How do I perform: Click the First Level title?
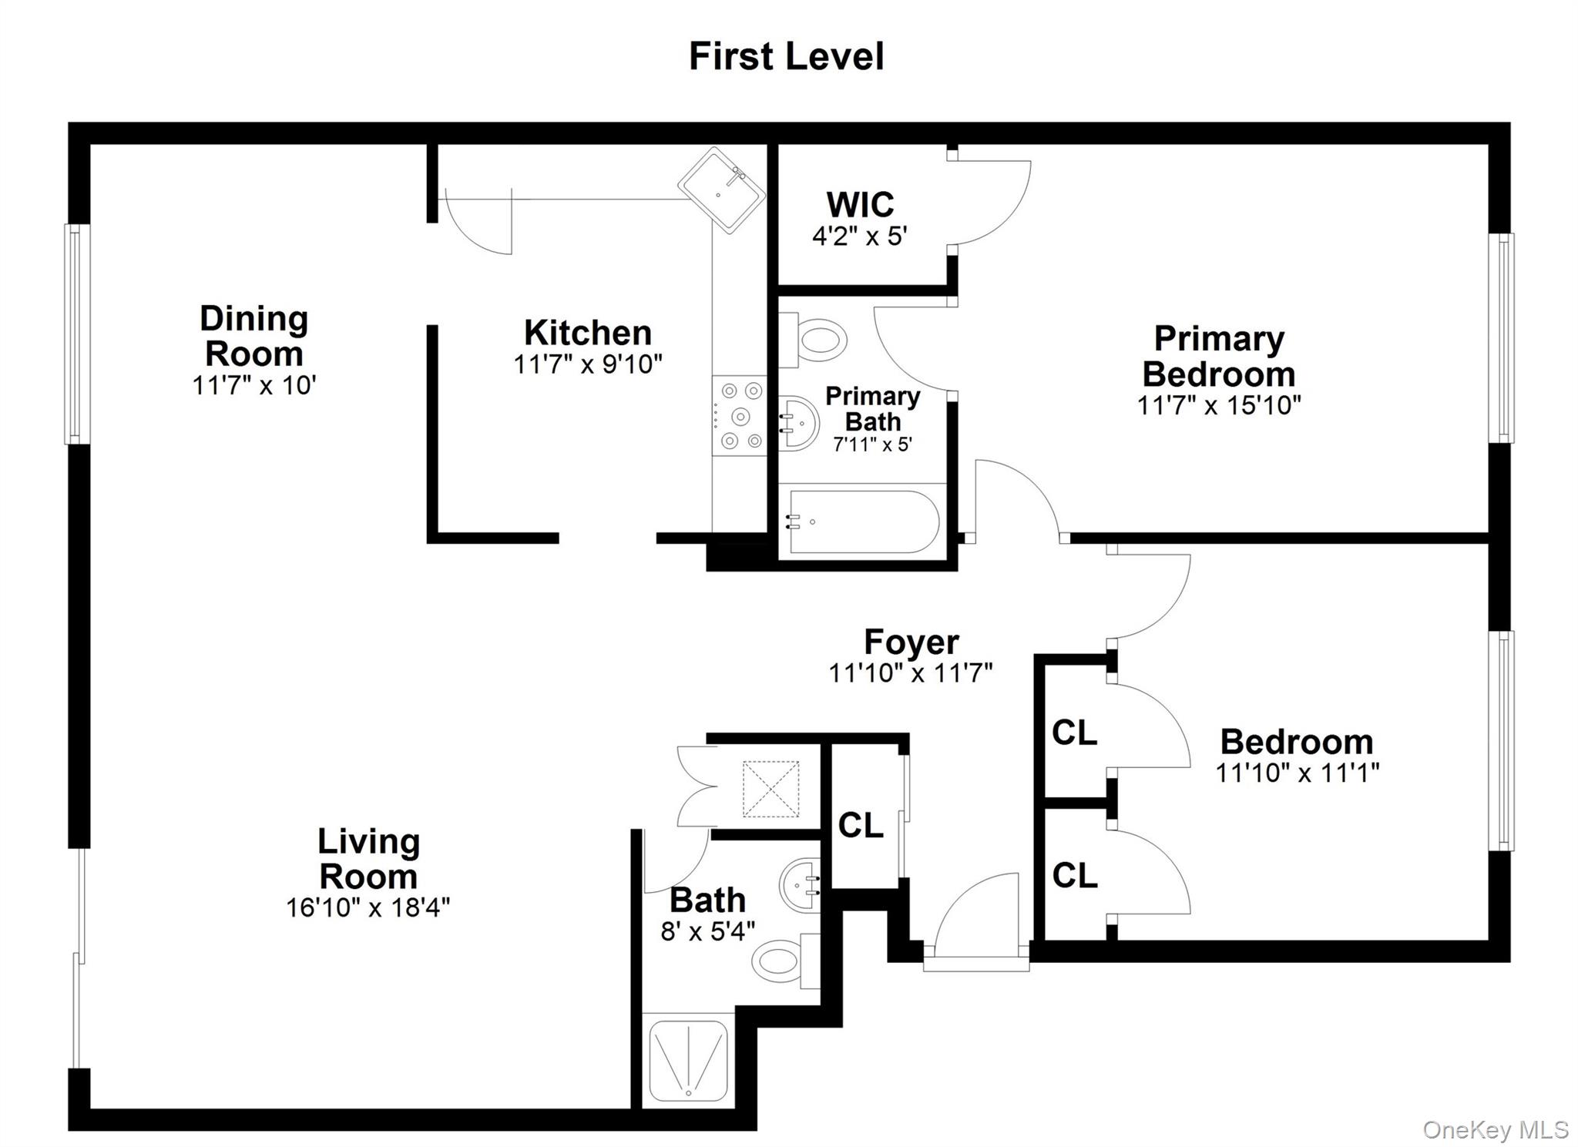point(786,56)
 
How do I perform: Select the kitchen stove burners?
point(739,416)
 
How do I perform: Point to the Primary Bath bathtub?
point(861,522)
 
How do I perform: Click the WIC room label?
point(860,205)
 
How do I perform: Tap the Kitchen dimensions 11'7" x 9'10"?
point(588,364)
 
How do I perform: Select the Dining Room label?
point(253,336)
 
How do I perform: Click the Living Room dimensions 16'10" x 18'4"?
point(368,907)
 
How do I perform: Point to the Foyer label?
point(911,642)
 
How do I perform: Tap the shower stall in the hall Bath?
point(688,1061)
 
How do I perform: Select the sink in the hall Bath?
point(800,884)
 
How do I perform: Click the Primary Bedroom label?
point(1218,356)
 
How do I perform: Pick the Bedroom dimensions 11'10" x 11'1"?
point(1297,773)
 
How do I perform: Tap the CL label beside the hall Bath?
point(860,826)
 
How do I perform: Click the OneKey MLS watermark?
point(1495,1129)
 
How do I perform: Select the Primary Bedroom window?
point(1500,338)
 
